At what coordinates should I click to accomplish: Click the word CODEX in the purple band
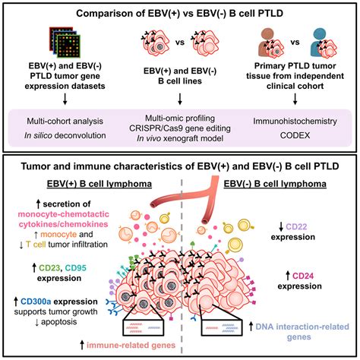click(295, 135)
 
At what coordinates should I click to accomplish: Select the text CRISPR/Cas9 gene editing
click(180, 128)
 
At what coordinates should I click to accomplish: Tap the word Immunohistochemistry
click(295, 121)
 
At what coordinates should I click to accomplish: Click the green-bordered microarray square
click(68, 46)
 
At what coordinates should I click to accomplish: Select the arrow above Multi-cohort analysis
click(65, 99)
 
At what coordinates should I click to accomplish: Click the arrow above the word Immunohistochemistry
click(295, 99)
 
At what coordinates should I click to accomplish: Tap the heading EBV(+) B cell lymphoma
click(99, 184)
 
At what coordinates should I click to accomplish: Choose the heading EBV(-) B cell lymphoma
click(275, 184)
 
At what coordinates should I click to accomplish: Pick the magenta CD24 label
click(303, 276)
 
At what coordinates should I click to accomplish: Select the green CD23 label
click(49, 267)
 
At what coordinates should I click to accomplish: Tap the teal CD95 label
click(75, 267)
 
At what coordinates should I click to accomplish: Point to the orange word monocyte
click(58, 234)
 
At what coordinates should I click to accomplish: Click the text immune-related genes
click(131, 345)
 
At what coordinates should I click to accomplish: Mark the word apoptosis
click(58, 322)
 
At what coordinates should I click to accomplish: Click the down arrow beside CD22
click(281, 227)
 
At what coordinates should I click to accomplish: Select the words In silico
click(38, 135)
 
